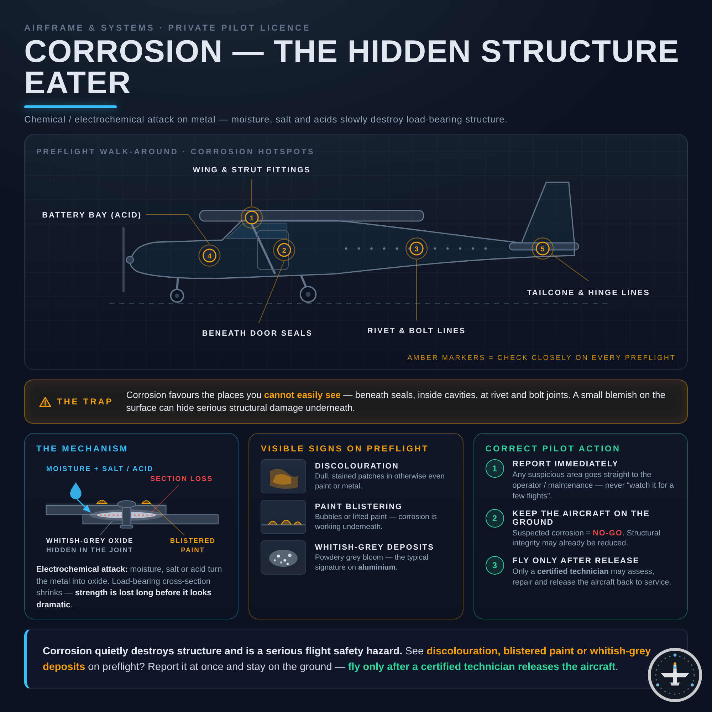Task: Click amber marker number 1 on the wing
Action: (x=252, y=218)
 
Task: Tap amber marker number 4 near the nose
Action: (x=209, y=256)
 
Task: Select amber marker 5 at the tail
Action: (x=543, y=249)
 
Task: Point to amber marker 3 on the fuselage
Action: (x=417, y=249)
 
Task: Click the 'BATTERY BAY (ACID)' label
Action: (x=92, y=215)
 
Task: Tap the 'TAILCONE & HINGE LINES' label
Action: (x=588, y=293)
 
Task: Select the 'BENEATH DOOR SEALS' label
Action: (x=257, y=333)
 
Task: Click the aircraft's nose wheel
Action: (x=177, y=295)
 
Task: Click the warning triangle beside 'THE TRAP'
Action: (x=45, y=402)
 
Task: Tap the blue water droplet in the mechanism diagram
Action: (x=75, y=491)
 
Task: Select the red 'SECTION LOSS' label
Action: (x=181, y=479)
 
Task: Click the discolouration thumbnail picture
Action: (x=283, y=476)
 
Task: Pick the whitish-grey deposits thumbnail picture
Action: (x=283, y=557)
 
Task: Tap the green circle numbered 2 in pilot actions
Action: (x=494, y=518)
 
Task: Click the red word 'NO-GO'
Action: (x=607, y=533)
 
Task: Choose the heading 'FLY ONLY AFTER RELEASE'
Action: (x=576, y=561)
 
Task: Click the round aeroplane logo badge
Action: (x=675, y=675)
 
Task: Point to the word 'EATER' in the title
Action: (x=77, y=83)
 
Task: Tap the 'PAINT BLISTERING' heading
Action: (x=358, y=507)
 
